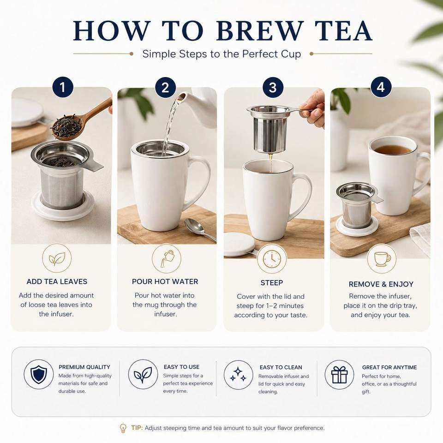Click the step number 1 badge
63,87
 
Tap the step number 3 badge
273,87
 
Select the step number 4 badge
381,87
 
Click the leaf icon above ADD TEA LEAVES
57,258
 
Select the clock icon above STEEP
272,259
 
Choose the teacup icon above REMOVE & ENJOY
382,259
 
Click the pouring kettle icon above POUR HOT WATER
167,258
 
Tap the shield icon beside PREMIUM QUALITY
39,374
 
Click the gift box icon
339,375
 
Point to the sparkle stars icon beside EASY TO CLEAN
238,375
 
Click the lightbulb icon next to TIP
123,428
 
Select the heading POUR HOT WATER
165,281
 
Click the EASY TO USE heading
182,367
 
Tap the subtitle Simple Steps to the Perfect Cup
222,54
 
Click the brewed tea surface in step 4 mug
393,149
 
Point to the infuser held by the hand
270,129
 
